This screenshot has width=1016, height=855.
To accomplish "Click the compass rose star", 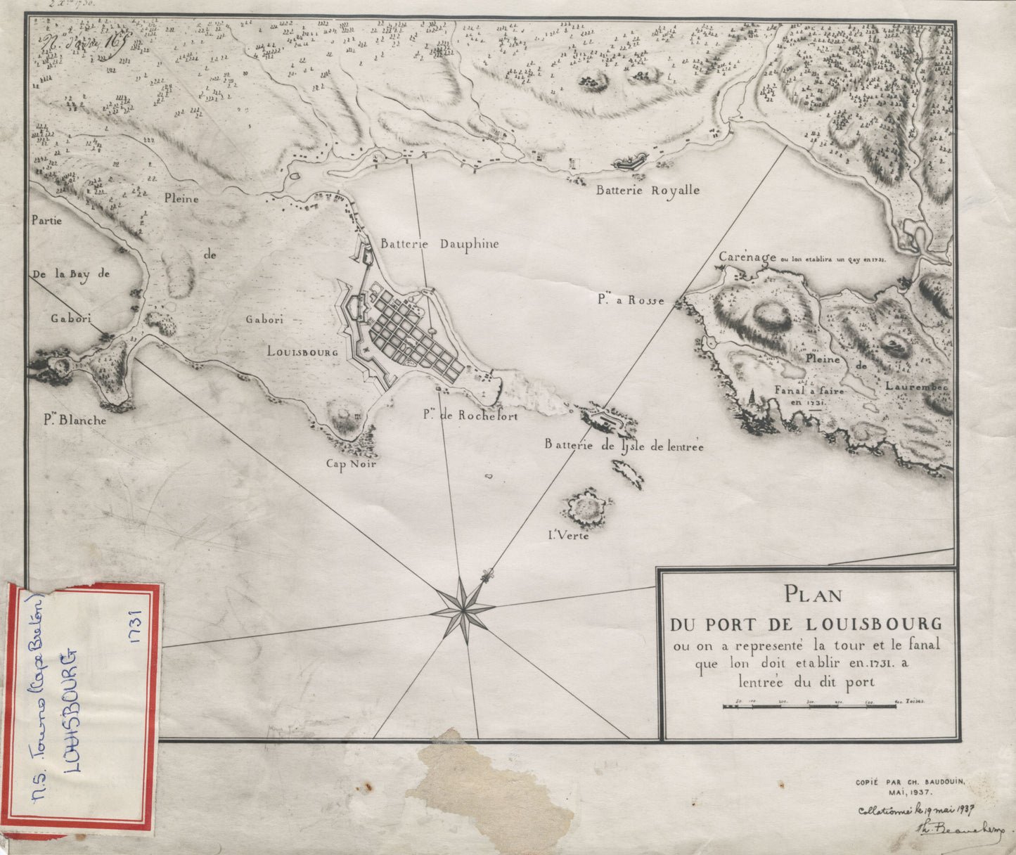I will pyautogui.click(x=462, y=607).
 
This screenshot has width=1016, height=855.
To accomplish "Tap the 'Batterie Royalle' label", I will pyautogui.click(x=648, y=190).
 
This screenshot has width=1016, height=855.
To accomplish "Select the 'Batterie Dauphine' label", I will pyautogui.click(x=439, y=244).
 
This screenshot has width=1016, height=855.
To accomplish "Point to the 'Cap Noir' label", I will pyautogui.click(x=351, y=463).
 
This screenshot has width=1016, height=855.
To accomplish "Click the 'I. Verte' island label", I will pyautogui.click(x=568, y=536).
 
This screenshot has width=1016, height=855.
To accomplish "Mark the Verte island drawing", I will pyautogui.click(x=584, y=508).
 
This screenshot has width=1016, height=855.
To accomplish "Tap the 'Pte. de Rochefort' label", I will pyautogui.click(x=470, y=416).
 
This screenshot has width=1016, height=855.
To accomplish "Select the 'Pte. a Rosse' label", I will pyautogui.click(x=631, y=300).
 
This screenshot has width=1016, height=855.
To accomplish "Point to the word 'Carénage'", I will pyautogui.click(x=747, y=257).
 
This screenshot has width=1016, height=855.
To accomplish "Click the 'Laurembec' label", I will pyautogui.click(x=917, y=386).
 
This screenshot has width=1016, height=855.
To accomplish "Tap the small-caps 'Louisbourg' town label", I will pyautogui.click(x=302, y=352).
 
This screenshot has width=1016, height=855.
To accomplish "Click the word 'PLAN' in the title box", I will pyautogui.click(x=813, y=595).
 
